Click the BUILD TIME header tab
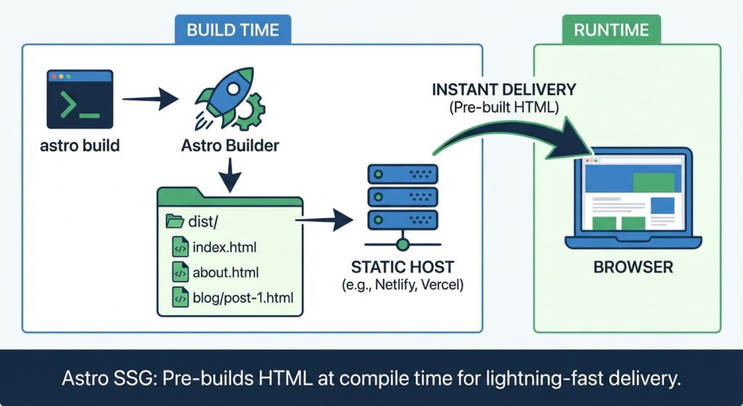tap(232, 31)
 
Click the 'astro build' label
tap(80, 146)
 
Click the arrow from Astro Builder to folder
tap(229, 174)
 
